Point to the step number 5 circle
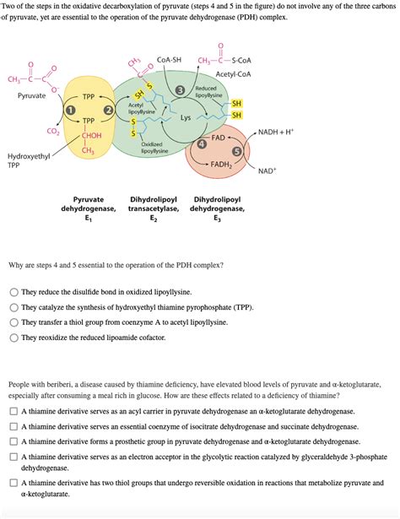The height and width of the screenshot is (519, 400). [x=237, y=151]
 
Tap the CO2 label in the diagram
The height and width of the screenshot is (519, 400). [x=52, y=132]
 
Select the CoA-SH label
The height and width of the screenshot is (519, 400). [x=169, y=60]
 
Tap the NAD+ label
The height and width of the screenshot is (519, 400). [x=268, y=170]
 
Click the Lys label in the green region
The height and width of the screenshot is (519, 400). [x=185, y=118]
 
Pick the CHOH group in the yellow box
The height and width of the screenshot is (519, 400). [x=91, y=135]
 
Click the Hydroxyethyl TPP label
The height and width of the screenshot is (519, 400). [x=29, y=161]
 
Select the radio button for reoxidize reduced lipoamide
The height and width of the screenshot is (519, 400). [x=14, y=338]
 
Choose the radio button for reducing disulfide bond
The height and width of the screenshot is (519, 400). [x=14, y=292]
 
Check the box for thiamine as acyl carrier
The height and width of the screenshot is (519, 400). [x=14, y=411]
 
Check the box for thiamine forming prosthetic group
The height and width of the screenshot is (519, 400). [x=14, y=441]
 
